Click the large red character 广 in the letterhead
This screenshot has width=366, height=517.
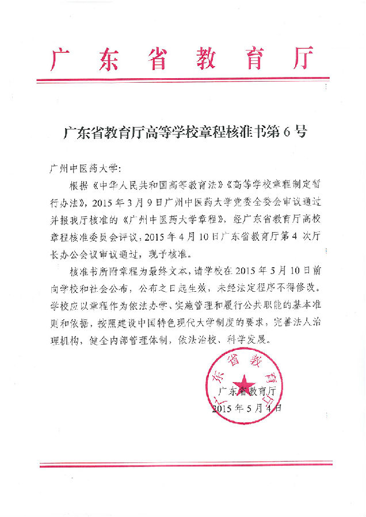click(63, 58)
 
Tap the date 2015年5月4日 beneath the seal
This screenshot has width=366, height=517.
click(247, 409)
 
